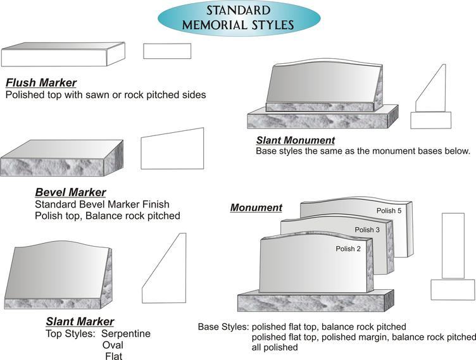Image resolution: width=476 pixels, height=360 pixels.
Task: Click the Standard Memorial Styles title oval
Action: click(x=239, y=18)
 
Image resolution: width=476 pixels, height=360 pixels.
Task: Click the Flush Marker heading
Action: click(x=41, y=82)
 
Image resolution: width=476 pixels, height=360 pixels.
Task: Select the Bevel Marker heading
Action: click(x=70, y=192)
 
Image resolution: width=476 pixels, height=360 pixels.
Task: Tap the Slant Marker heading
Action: click(x=80, y=321)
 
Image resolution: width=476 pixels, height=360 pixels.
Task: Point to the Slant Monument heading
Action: click(x=296, y=140)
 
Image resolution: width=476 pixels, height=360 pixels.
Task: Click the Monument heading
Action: click(x=256, y=208)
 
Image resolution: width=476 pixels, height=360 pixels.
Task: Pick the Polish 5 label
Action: click(x=389, y=211)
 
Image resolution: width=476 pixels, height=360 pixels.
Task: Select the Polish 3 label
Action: click(x=367, y=230)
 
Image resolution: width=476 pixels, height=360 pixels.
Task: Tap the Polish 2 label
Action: click(x=348, y=249)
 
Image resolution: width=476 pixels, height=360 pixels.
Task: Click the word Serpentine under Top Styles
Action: click(x=126, y=333)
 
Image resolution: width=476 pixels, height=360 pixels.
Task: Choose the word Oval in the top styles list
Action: click(x=113, y=345)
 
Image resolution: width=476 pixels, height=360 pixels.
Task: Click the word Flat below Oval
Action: click(x=114, y=356)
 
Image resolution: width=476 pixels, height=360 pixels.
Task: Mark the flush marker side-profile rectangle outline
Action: click(x=167, y=51)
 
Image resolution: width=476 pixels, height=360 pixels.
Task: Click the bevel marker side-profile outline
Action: click(x=172, y=149)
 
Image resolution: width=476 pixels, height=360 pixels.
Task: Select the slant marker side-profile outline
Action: click(x=164, y=268)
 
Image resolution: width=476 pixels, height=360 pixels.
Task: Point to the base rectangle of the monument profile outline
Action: click(x=453, y=290)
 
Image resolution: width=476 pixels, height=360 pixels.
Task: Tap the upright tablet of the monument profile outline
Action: click(x=453, y=245)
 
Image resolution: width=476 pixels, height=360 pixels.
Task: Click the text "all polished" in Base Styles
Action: click(x=275, y=347)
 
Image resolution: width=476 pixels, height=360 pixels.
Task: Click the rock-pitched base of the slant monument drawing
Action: click(x=323, y=117)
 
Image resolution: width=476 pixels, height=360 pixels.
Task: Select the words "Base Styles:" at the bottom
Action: click(x=223, y=327)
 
